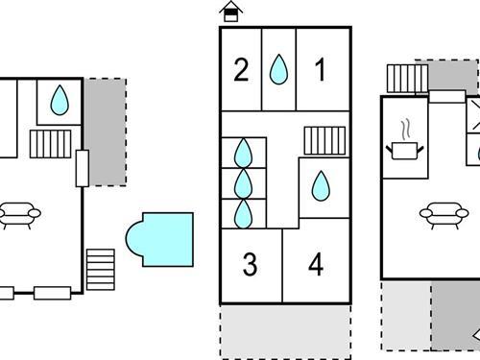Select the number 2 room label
tap(241, 69)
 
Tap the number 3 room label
tap(250, 265)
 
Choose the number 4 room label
tap(317, 265)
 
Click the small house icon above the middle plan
tap(229, 12)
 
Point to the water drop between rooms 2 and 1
tap(278, 69)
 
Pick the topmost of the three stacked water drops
tap(243, 153)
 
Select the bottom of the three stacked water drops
tap(243, 212)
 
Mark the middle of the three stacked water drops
tap(243, 182)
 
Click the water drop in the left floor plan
tap(59, 100)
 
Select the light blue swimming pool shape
tap(159, 238)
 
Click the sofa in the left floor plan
tap(17, 214)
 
